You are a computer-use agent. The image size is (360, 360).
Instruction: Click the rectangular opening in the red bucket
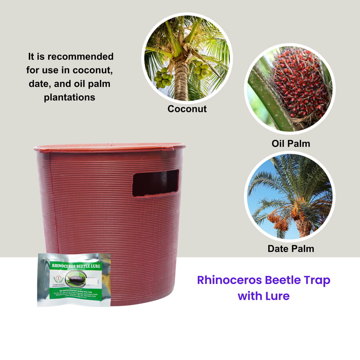[x=156, y=183]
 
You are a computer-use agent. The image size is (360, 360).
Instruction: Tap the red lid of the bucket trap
[x=109, y=148]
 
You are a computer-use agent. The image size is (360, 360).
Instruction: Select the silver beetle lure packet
[x=74, y=279]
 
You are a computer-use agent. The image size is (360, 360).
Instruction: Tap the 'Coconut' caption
[x=187, y=109]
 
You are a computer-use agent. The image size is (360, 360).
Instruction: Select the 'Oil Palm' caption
[x=291, y=144]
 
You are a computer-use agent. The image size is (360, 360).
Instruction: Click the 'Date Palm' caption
[x=291, y=248]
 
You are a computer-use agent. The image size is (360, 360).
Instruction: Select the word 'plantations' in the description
[x=70, y=97]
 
